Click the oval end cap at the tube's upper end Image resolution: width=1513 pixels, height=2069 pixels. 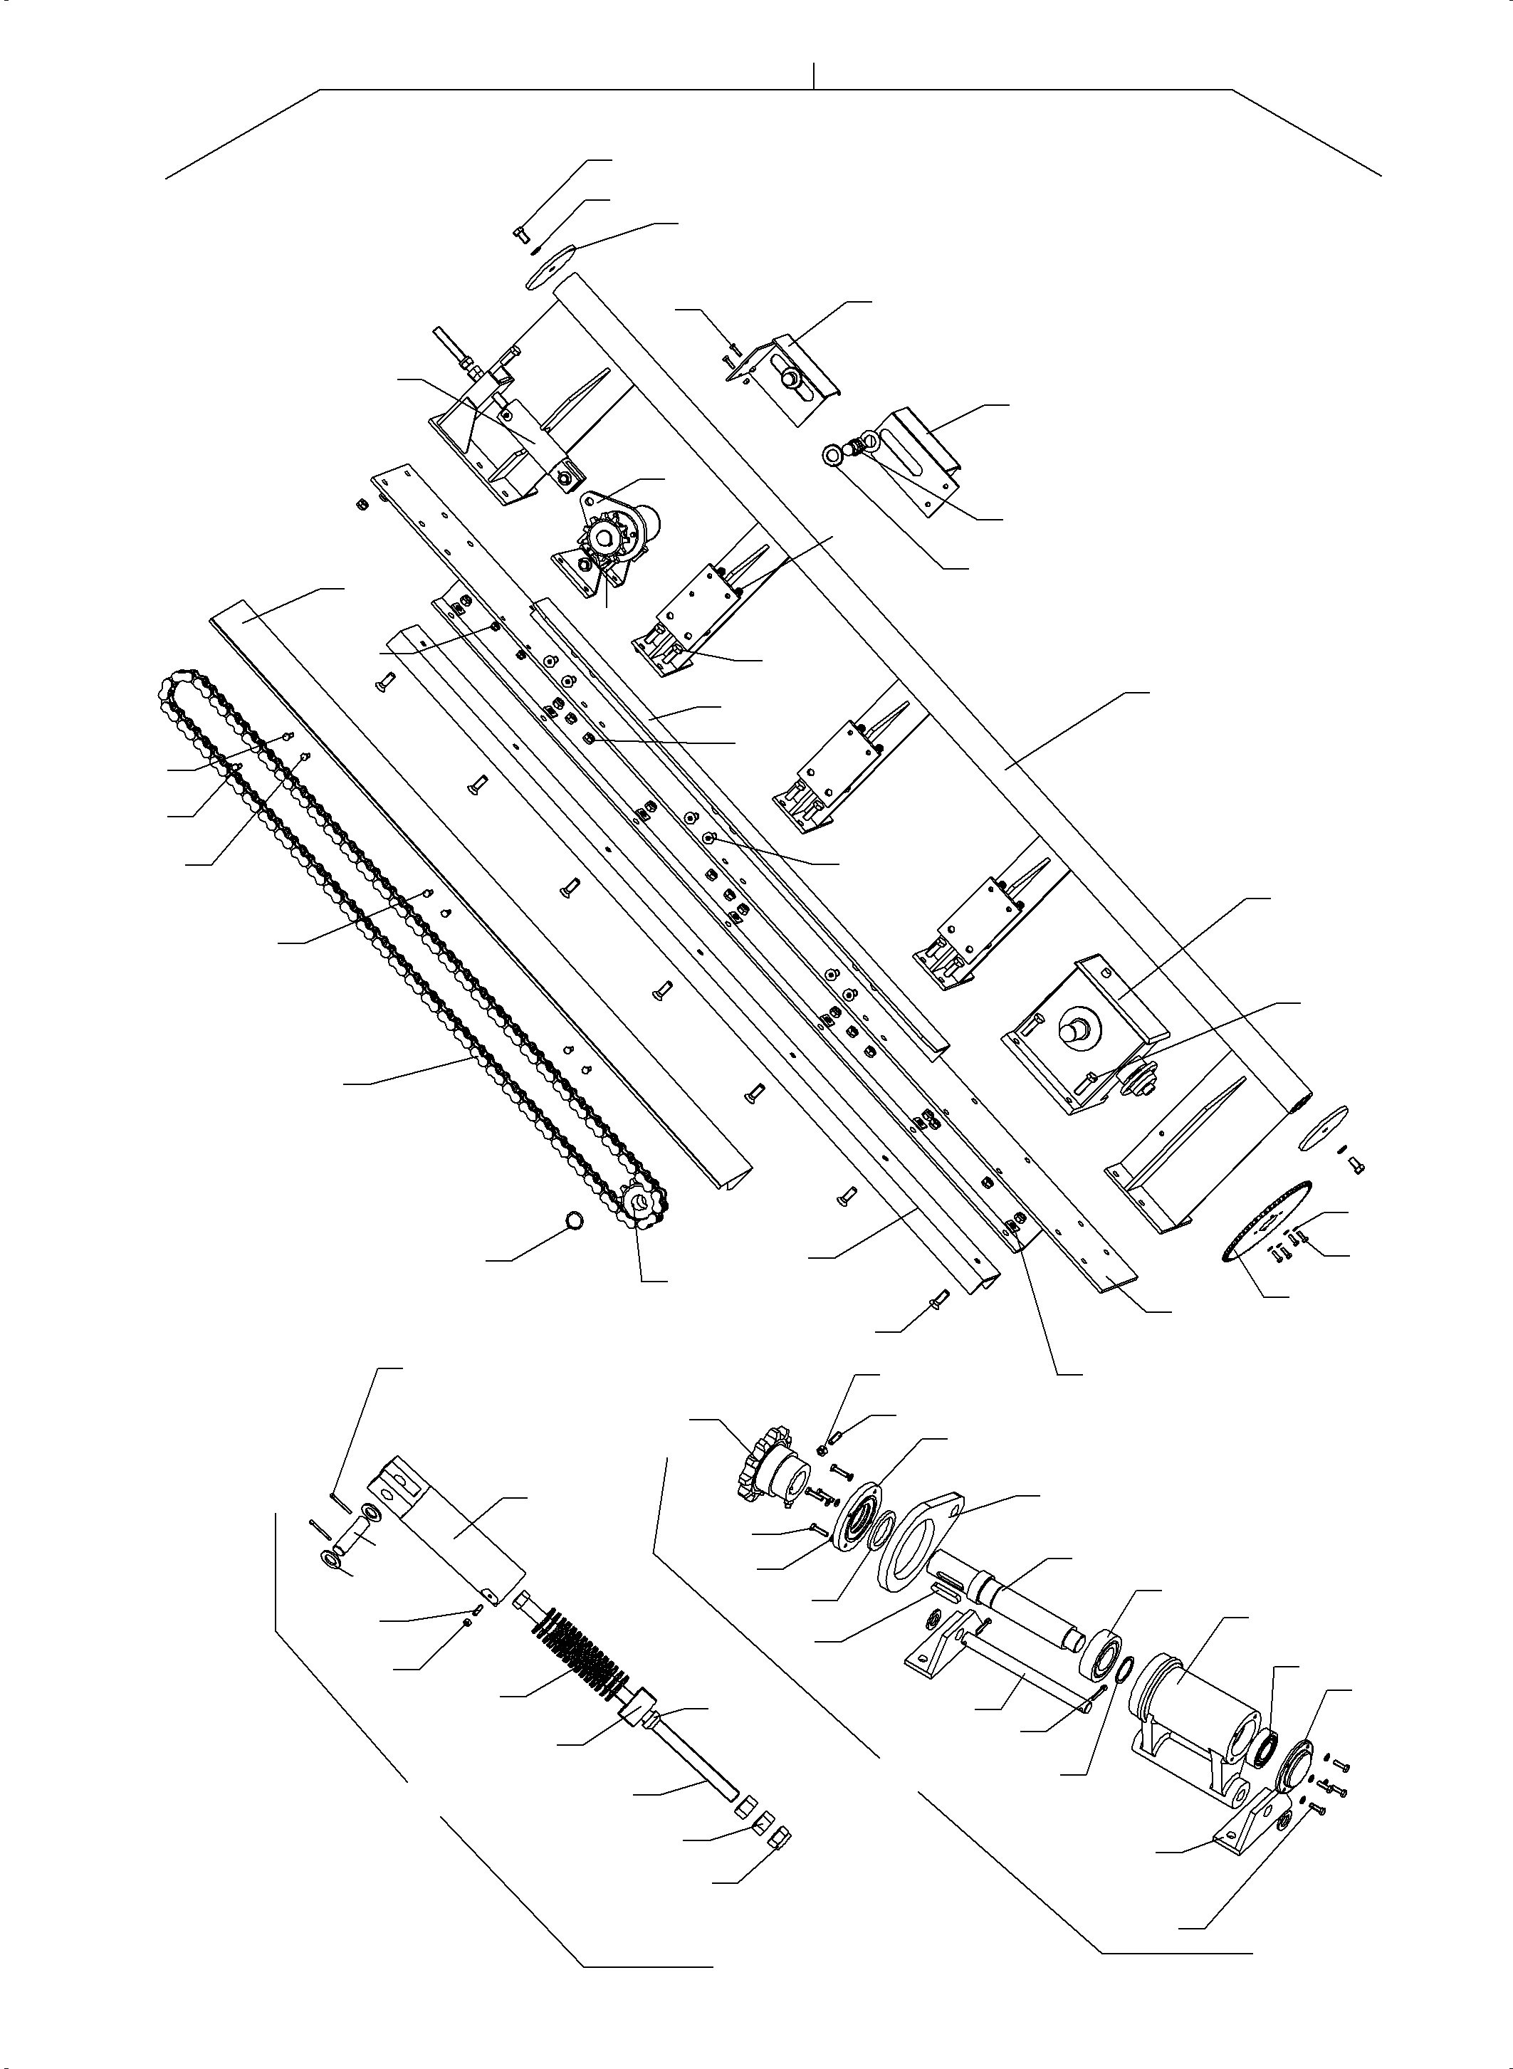tap(546, 269)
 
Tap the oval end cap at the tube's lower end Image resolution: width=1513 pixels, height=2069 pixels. tap(1324, 1126)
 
